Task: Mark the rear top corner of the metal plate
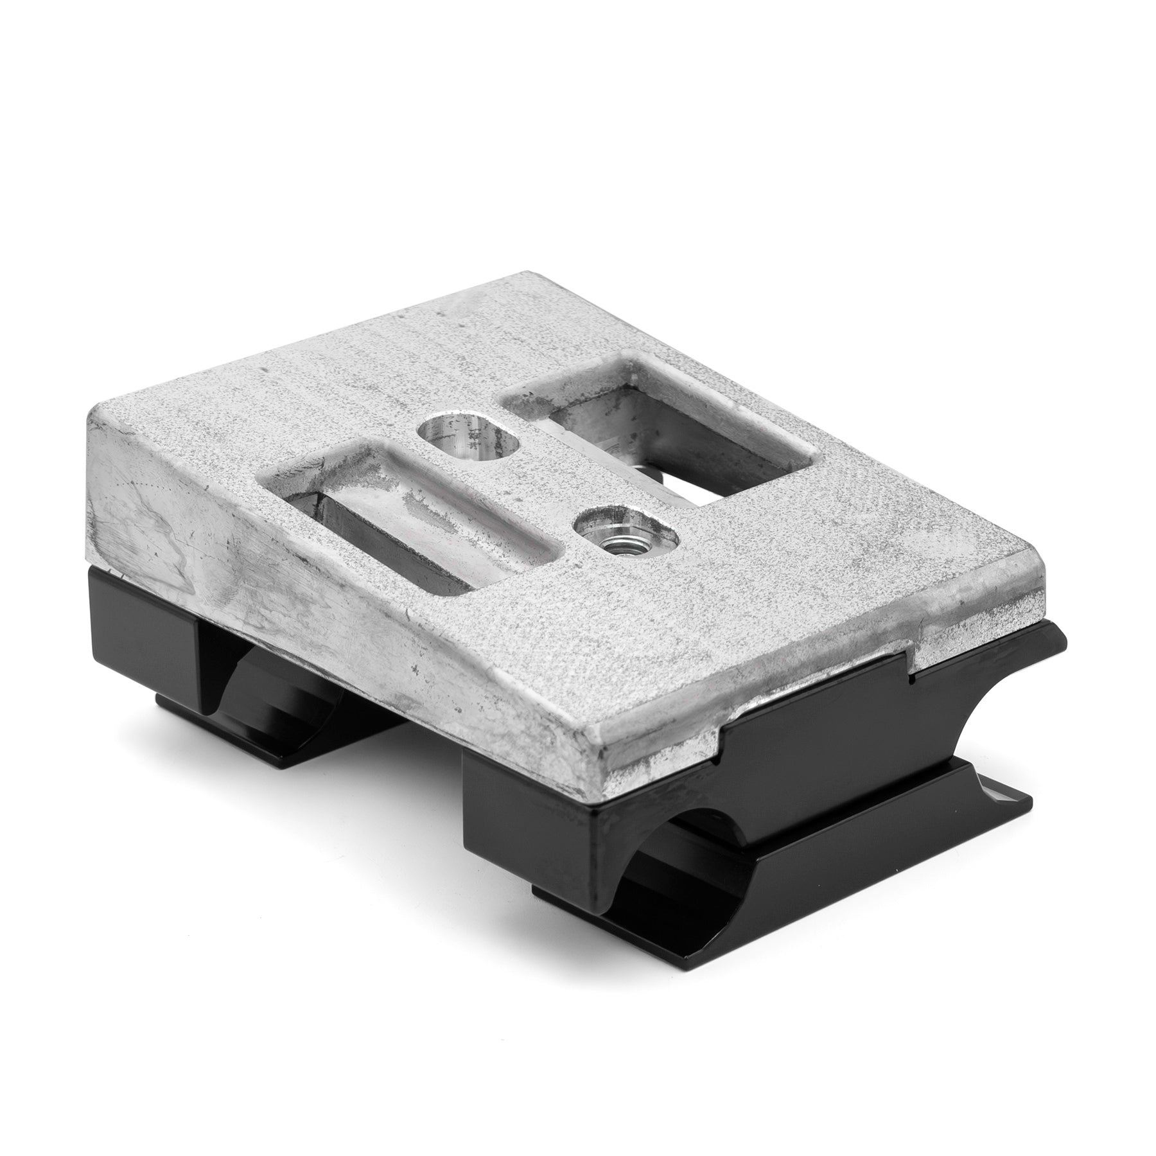click(514, 277)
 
